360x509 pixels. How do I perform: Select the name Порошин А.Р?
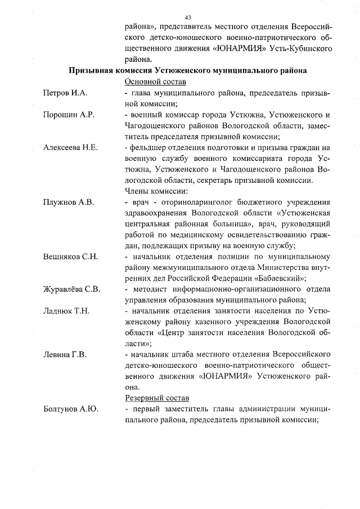(68, 114)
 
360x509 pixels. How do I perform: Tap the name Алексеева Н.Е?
(71, 147)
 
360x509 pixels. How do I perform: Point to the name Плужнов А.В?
(69, 201)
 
